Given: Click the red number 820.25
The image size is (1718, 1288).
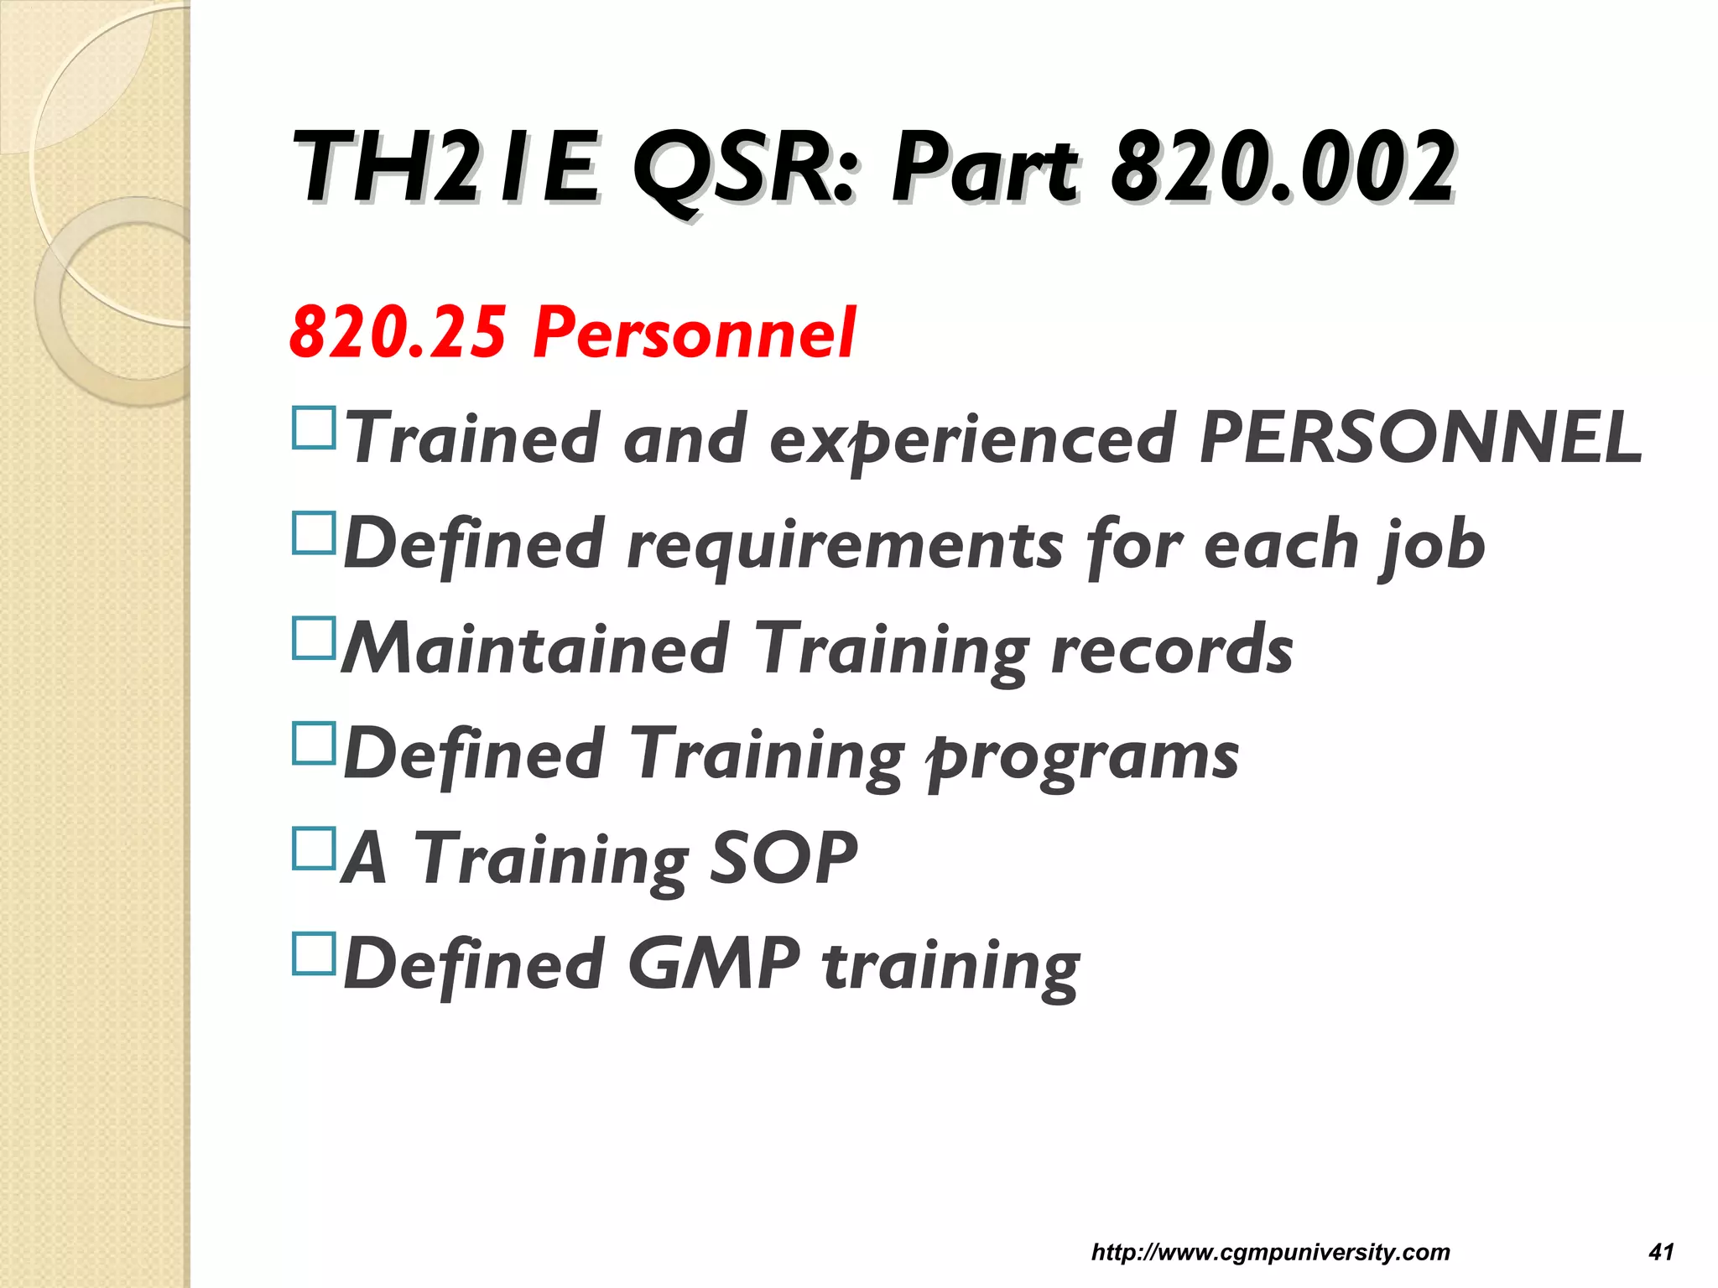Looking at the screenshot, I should pos(398,333).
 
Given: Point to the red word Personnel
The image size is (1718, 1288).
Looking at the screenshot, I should pos(695,333).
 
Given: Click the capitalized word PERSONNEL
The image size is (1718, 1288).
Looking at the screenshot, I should pos(1419,438).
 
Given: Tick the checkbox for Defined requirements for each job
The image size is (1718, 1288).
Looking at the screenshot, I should pos(315,533).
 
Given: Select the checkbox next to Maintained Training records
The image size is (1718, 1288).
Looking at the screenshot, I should pos(315,638).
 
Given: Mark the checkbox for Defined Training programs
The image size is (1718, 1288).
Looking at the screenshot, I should pos(315,743).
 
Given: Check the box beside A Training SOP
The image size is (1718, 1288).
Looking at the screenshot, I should pos(315,848).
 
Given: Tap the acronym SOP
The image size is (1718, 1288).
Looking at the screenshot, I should pos(784,858).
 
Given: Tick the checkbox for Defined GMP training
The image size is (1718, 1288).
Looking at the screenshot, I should pos(315,953).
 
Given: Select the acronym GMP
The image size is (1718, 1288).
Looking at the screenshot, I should pos(714,963).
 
